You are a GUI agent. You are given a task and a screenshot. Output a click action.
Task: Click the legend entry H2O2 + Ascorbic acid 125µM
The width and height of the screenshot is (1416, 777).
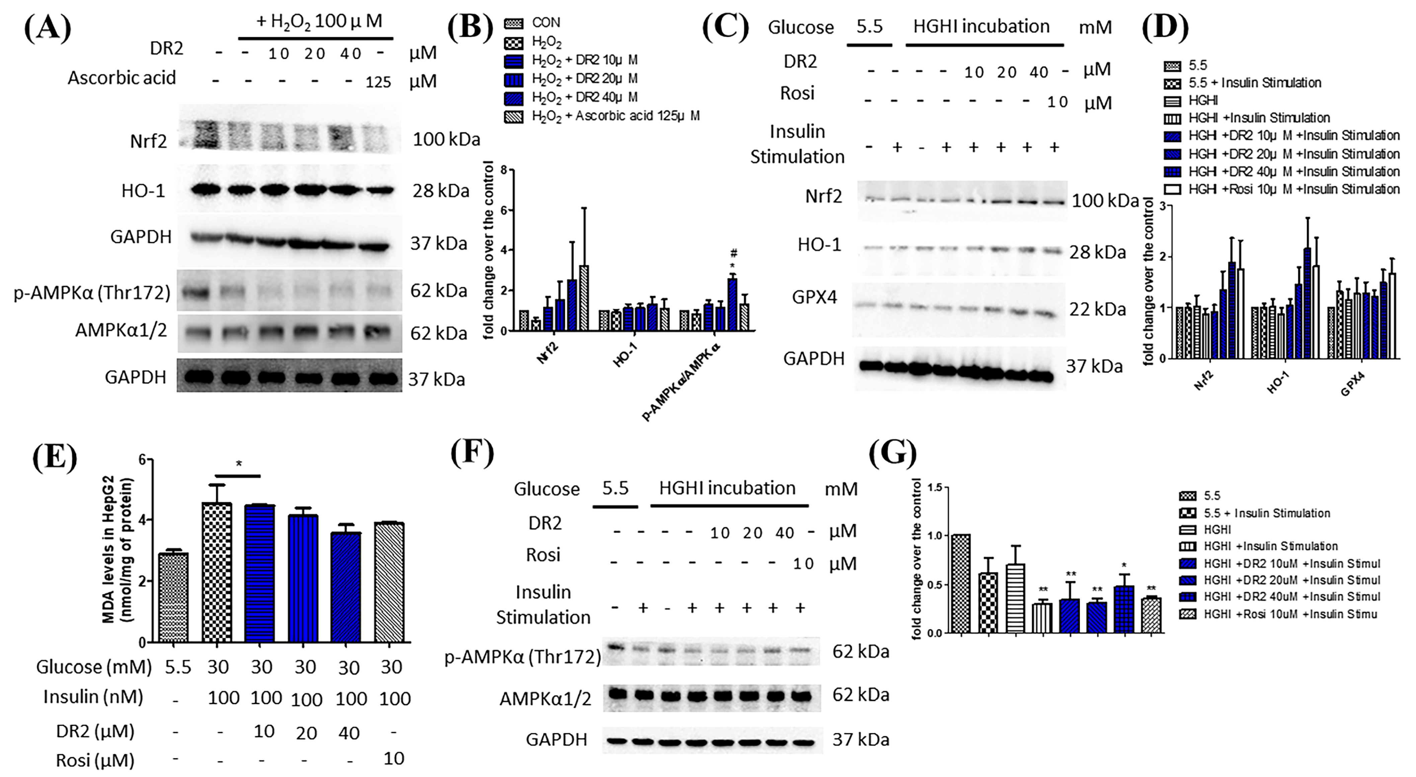[615, 116]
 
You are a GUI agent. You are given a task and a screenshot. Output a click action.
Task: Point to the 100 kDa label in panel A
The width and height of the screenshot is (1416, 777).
[446, 140]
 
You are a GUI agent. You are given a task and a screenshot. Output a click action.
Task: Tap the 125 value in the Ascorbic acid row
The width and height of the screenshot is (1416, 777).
[378, 82]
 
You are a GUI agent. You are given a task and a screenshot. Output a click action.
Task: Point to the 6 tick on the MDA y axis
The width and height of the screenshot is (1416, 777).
[142, 460]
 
